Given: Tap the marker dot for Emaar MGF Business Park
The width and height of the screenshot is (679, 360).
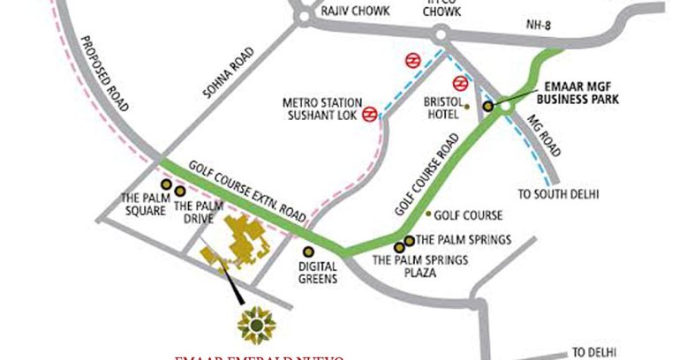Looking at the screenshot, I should click(487, 106).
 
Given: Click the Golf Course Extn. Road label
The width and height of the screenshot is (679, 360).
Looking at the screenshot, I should click(252, 193).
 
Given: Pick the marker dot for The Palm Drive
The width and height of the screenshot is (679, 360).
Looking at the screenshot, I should click(180, 191).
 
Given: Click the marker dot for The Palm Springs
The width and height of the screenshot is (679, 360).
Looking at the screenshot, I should click(410, 240).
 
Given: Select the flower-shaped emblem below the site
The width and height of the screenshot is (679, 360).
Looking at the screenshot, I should click(255, 325).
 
